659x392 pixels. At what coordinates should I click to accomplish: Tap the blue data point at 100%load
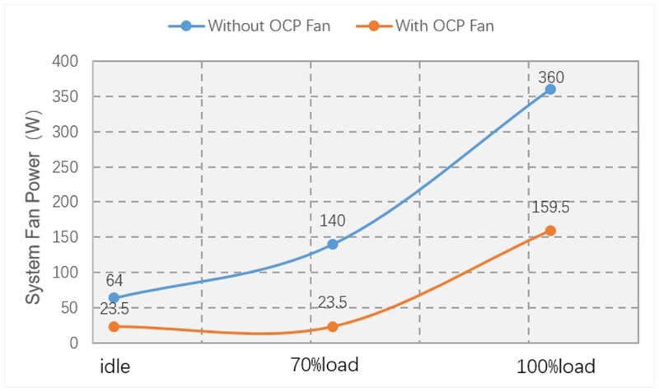[x=550, y=89]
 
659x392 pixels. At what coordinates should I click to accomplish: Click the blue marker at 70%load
[x=333, y=244]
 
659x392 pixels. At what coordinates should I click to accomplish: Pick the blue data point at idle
[x=114, y=297]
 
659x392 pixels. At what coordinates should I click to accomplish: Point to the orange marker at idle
[x=114, y=326]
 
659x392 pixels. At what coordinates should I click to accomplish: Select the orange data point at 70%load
[x=333, y=326]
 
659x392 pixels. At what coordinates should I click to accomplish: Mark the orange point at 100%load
[x=550, y=231]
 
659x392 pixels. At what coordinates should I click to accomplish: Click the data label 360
[x=550, y=78]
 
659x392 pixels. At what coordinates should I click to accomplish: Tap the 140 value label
[x=332, y=221]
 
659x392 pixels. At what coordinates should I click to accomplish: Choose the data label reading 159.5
[x=550, y=208]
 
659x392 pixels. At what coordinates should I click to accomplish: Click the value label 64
[x=115, y=280]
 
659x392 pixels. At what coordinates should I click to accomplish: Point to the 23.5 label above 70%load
[x=332, y=303]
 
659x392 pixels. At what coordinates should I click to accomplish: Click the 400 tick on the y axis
[x=65, y=62]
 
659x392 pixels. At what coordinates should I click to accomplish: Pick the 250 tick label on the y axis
[x=65, y=167]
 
